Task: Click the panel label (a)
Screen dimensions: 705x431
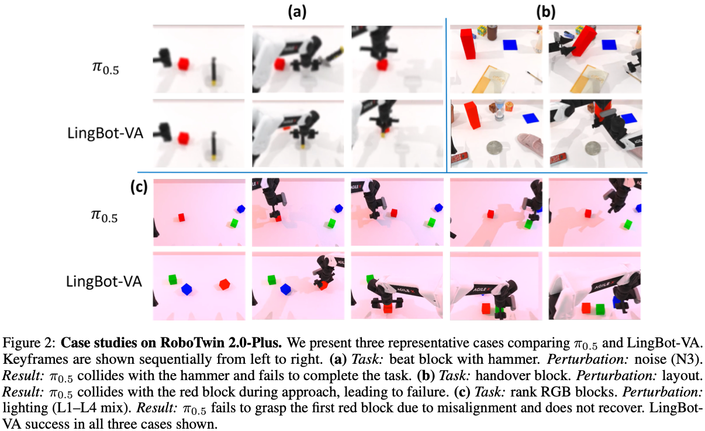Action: pos(297,12)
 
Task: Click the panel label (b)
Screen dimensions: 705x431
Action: pos(546,12)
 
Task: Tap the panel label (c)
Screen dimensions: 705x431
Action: pos(139,187)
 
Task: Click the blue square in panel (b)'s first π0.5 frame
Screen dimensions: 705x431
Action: pos(510,44)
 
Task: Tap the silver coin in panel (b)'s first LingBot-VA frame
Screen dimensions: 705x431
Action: pos(496,147)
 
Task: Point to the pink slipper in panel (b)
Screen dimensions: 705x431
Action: pos(530,144)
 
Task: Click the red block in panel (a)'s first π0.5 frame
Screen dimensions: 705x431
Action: pos(183,64)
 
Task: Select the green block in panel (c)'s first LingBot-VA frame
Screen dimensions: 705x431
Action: pos(172,280)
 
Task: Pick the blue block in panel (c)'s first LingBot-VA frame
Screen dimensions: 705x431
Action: pos(186,289)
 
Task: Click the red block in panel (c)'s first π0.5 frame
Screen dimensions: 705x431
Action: pos(181,217)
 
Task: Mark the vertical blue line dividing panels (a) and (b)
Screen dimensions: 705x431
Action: pos(446,95)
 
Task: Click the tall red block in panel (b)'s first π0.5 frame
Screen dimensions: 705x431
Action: pos(468,44)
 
